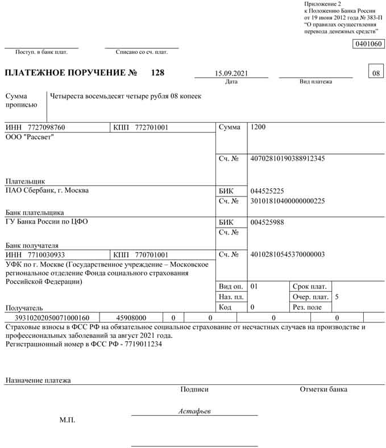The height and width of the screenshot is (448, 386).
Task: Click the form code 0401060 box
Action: pos(368,44)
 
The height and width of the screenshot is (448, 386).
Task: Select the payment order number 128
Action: pos(157,73)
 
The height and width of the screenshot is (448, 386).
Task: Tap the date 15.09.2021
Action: pos(231,74)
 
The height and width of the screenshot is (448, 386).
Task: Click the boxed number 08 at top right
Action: pos(376,73)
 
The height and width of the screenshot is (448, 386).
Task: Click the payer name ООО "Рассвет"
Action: pos(30,137)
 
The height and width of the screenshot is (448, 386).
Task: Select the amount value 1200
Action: pos(258,128)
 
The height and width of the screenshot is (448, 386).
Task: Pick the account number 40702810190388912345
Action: pos(287,158)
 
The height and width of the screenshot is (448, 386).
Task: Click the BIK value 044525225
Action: pos(267,191)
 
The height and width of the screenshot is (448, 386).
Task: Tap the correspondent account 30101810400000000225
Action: pos(287,201)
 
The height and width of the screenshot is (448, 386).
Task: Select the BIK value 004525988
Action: pos(267,222)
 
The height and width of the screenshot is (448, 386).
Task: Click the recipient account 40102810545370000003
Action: pos(287,254)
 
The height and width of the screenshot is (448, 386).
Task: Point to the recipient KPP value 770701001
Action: pos(152,255)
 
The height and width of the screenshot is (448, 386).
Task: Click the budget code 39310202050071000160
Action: pos(52,318)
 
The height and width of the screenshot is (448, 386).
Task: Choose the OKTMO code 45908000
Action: pos(131,318)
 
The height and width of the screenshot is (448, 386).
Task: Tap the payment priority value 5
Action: pos(337,297)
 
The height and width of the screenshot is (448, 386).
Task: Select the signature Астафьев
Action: pos(194,411)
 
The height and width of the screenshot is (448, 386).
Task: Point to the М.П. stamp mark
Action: pos(67,420)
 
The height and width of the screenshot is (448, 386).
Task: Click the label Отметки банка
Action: pos(323,390)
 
